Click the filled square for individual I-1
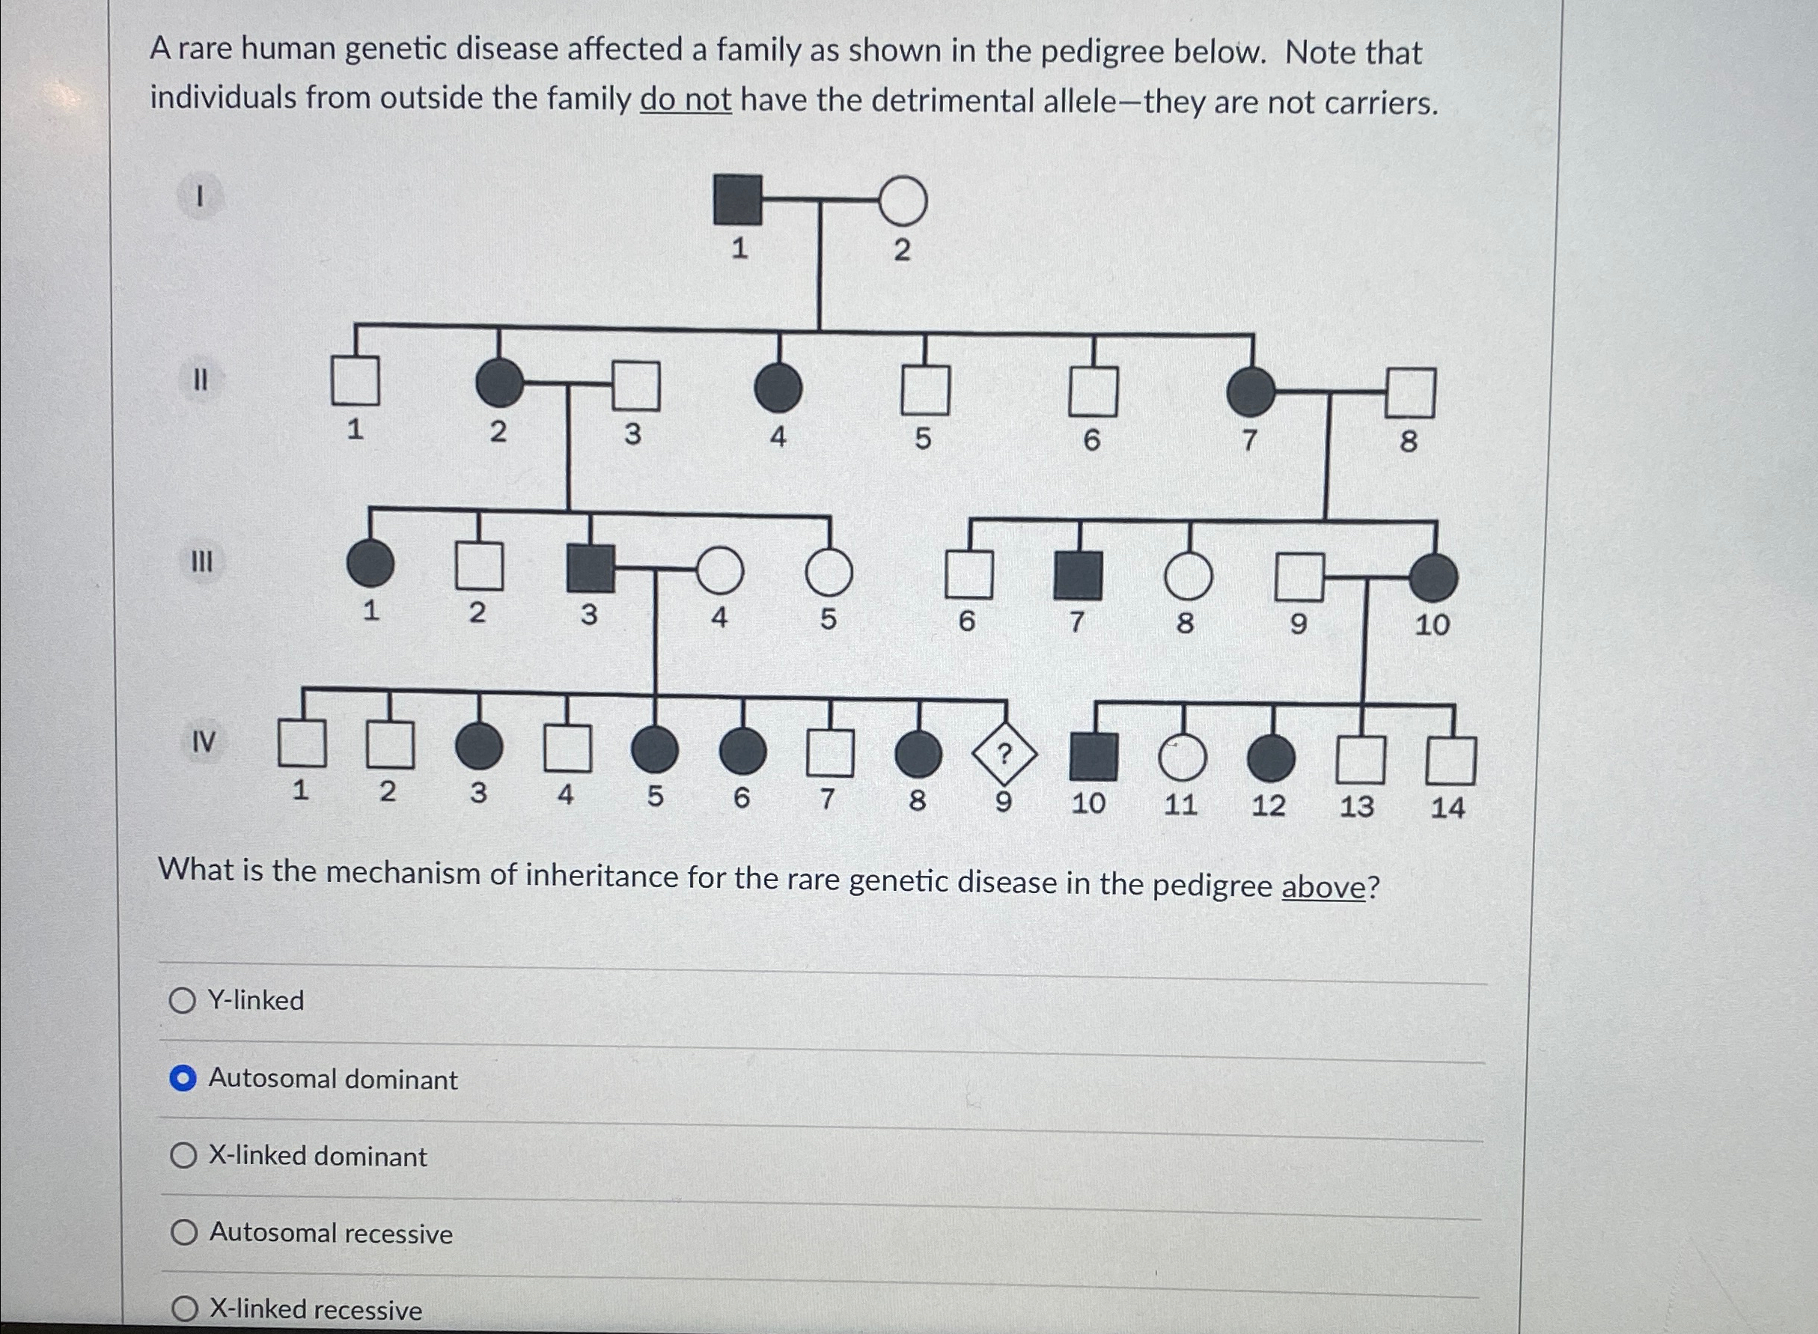point(737,199)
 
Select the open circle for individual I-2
point(902,201)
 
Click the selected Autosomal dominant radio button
point(183,1079)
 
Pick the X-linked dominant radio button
point(183,1156)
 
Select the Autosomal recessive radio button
point(184,1232)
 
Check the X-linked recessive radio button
point(185,1307)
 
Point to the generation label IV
point(203,741)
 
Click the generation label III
point(202,561)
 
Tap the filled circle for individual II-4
point(778,387)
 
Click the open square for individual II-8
point(1410,392)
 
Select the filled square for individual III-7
point(1078,576)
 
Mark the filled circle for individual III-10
point(1433,578)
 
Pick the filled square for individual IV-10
point(1093,758)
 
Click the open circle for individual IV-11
point(1182,759)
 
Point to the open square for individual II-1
point(356,380)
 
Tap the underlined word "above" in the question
point(1323,887)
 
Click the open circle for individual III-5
point(829,572)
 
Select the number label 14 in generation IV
point(1447,808)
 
